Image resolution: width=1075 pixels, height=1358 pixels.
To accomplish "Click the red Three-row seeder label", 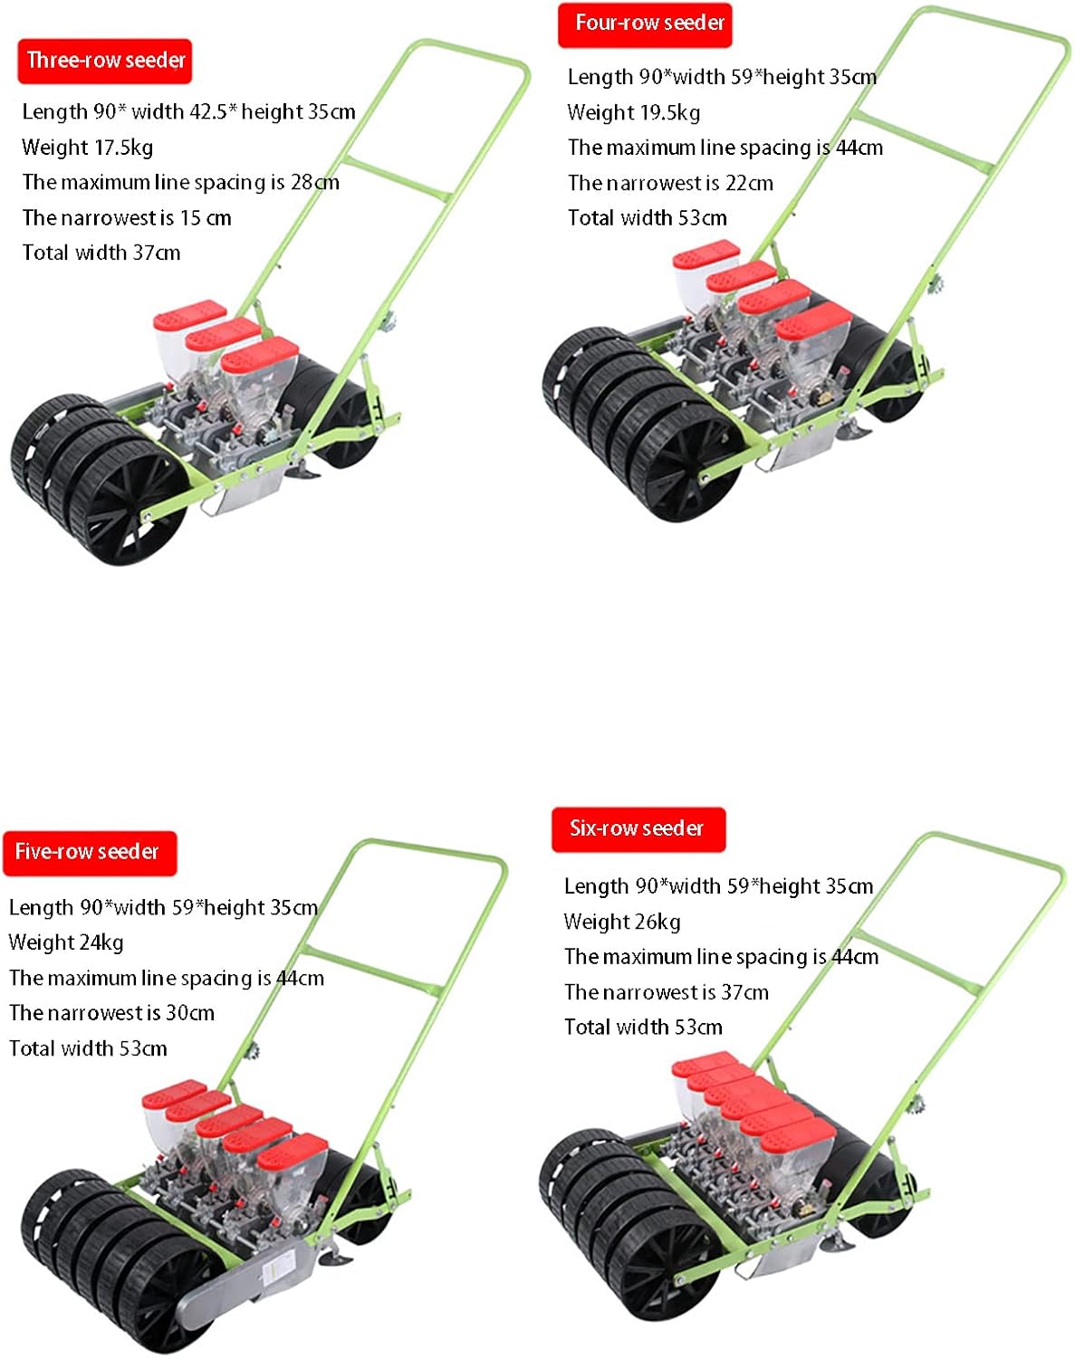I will click(x=104, y=61).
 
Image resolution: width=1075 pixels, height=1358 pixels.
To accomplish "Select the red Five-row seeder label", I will click(x=89, y=852).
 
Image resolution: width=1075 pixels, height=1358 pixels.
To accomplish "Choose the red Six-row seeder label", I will click(x=638, y=828).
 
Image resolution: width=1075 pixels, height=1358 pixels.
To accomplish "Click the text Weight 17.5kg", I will click(x=87, y=148).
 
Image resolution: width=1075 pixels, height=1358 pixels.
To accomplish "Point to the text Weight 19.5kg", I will click(x=633, y=112).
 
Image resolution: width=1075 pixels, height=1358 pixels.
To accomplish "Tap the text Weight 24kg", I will click(x=65, y=942).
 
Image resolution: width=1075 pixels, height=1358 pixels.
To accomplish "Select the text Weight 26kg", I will click(x=621, y=922).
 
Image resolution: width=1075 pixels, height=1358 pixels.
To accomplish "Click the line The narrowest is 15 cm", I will click(x=126, y=218).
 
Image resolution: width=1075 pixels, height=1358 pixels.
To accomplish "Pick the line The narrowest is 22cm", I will click(x=670, y=183).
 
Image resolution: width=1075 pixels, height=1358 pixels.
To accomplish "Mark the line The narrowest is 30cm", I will click(x=111, y=1013).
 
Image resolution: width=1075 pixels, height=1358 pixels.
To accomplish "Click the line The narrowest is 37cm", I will click(x=666, y=992).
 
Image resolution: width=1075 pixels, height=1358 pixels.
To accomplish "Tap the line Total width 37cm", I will click(x=101, y=253).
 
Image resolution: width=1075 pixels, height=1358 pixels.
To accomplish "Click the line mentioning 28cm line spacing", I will click(x=180, y=182).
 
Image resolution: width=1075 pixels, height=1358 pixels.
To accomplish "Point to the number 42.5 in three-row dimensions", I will click(x=207, y=111).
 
